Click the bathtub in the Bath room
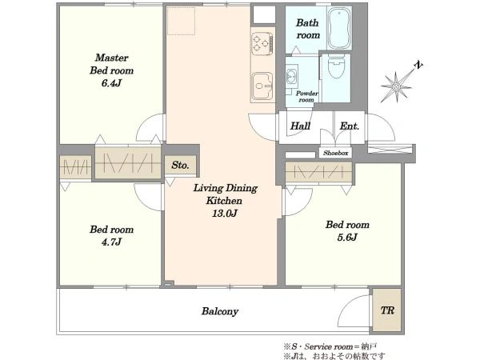(339, 28)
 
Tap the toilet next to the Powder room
(334, 68)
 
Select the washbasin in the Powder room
(291, 76)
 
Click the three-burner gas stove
(262, 43)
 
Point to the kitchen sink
(262, 86)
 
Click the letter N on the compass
(418, 65)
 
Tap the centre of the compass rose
(396, 87)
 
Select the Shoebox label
(336, 153)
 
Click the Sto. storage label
(180, 166)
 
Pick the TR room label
(387, 310)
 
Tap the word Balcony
(220, 311)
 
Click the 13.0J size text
(225, 214)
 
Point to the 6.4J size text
(111, 83)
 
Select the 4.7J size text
(111, 242)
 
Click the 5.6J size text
(347, 238)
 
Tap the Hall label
(300, 126)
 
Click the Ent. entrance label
(350, 126)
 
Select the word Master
(111, 58)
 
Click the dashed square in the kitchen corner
(182, 21)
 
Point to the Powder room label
(306, 97)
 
